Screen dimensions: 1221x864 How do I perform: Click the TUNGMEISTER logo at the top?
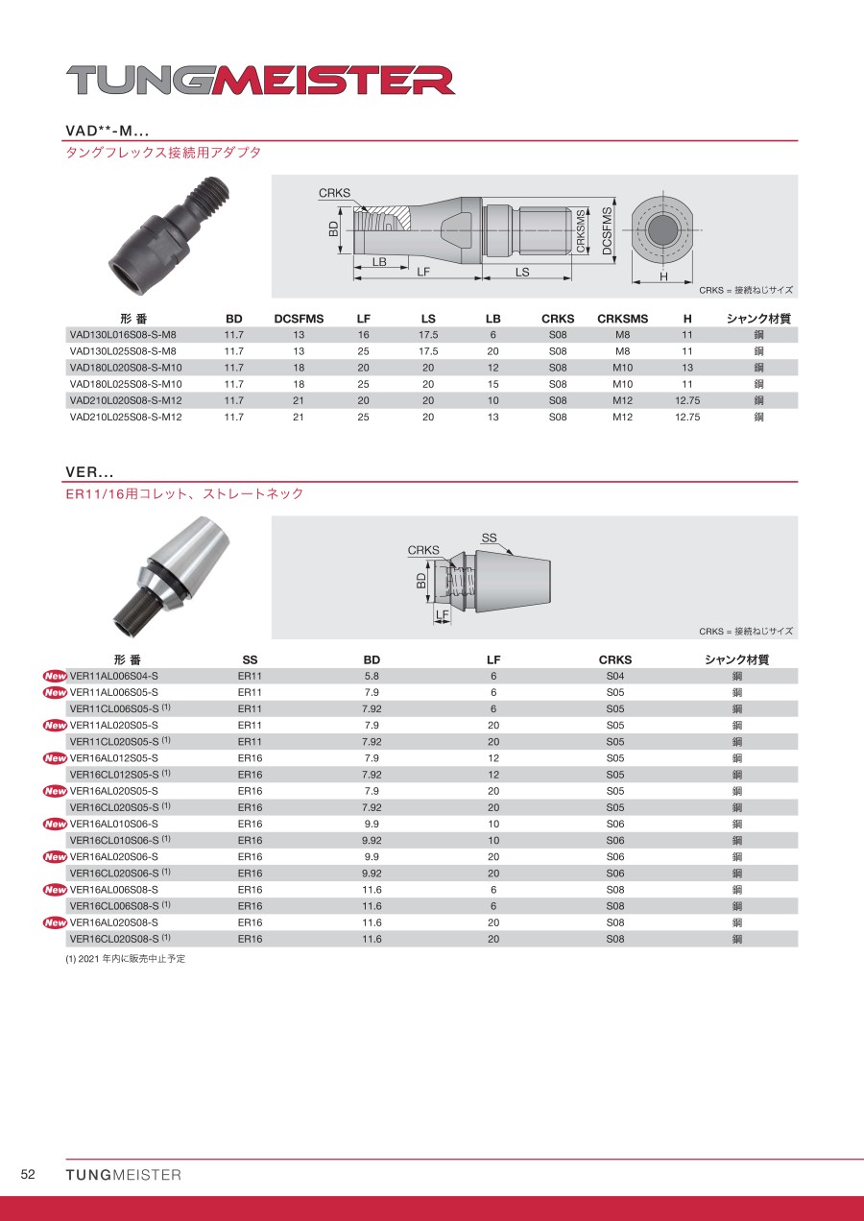point(260,81)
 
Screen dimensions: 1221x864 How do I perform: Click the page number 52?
point(28,1175)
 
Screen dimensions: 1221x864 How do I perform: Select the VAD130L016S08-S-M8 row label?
point(122,335)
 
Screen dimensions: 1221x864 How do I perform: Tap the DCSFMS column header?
point(299,319)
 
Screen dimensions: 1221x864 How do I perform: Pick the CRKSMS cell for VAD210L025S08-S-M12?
point(622,417)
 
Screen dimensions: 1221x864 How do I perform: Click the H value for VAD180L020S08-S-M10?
point(687,368)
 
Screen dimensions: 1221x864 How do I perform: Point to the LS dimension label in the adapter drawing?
point(522,272)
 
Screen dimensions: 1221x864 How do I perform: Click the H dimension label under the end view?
point(662,276)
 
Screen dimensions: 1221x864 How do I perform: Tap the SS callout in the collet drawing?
point(489,539)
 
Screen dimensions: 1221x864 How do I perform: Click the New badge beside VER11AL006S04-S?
point(55,676)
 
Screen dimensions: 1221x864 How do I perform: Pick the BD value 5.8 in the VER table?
point(372,676)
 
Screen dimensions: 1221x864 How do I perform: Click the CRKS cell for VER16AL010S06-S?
point(614,824)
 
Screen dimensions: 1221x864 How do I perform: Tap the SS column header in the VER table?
point(250,660)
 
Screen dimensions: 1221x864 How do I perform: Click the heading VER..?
point(89,472)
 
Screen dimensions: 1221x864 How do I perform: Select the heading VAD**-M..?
point(107,131)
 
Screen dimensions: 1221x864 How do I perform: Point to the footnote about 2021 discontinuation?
point(125,959)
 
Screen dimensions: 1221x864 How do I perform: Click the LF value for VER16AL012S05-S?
point(493,758)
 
